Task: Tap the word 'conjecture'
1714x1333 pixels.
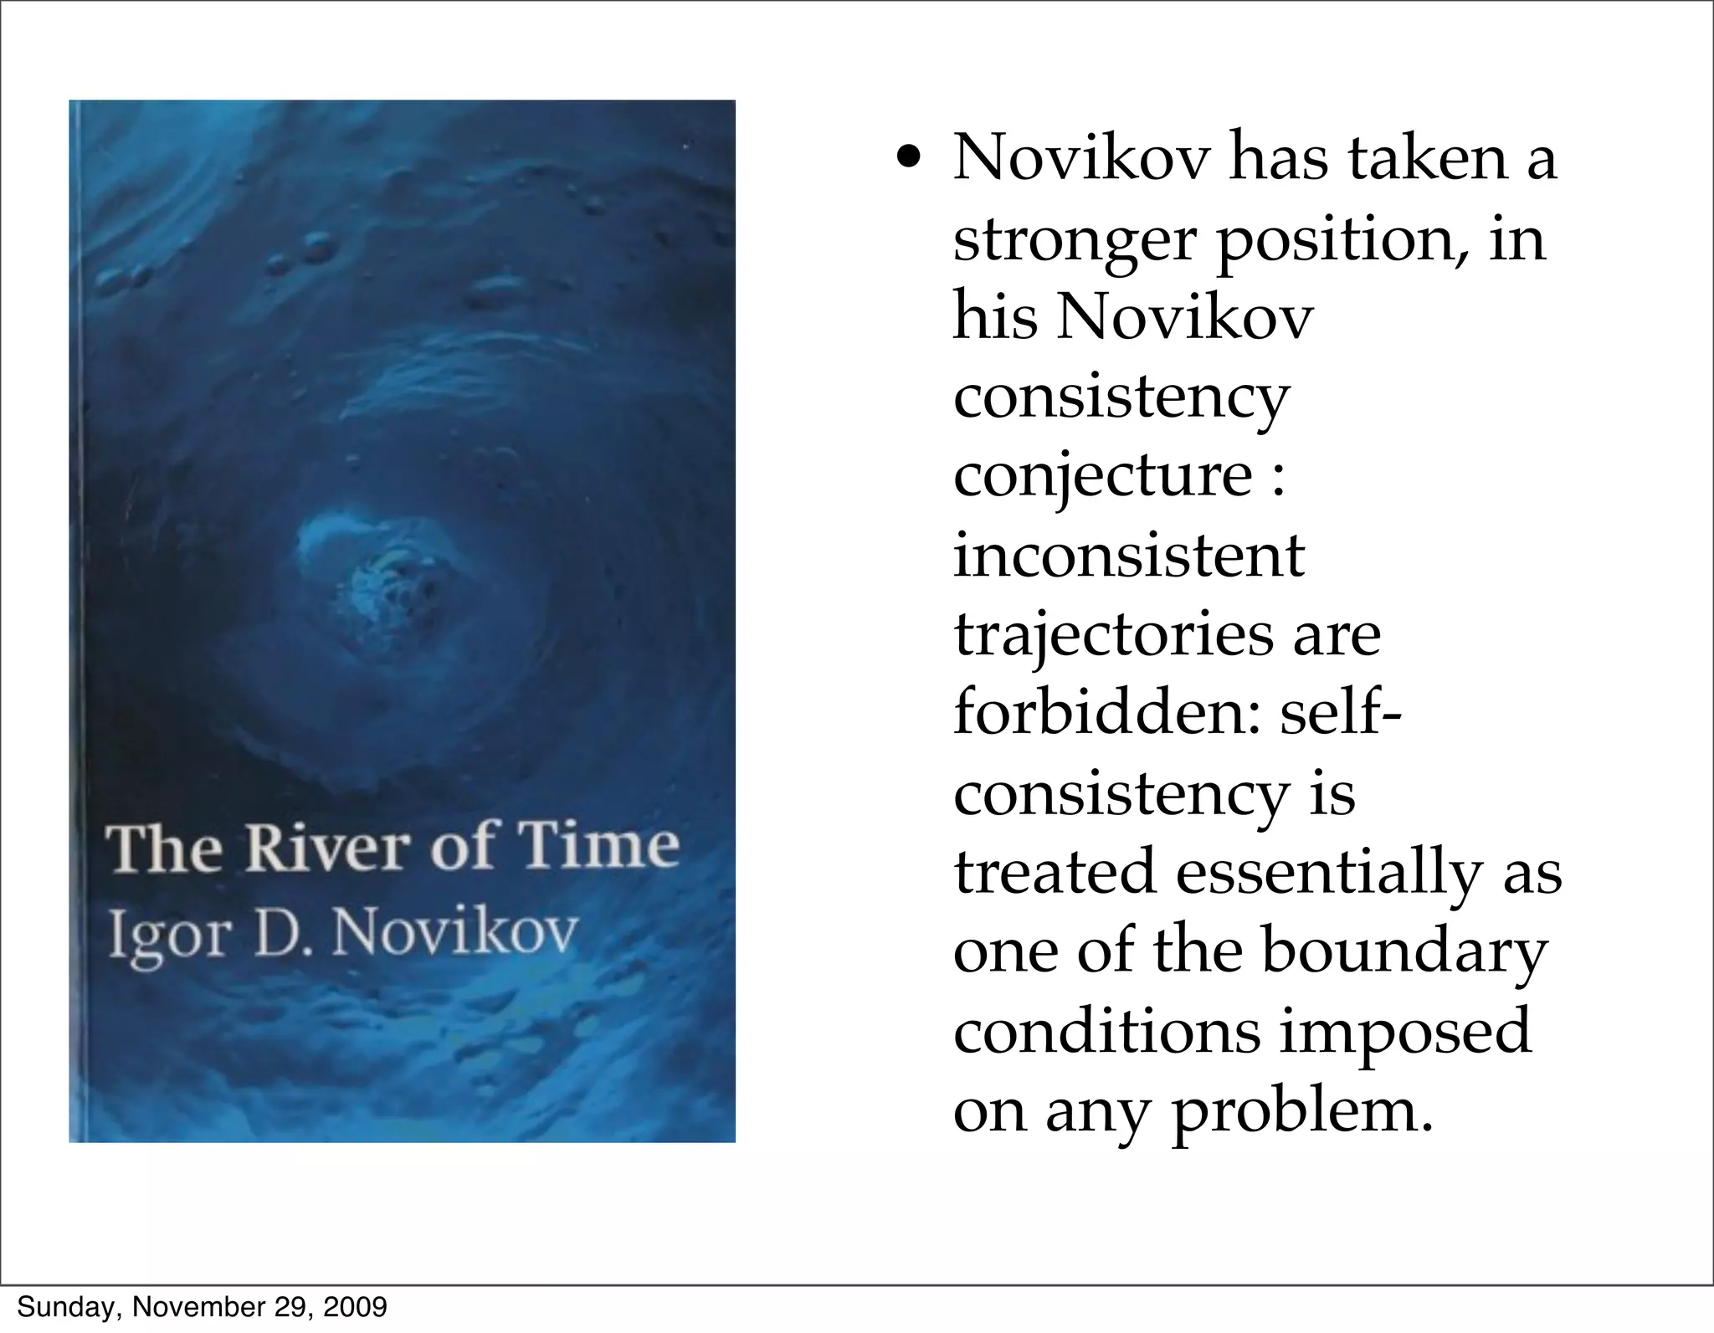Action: [1102, 476]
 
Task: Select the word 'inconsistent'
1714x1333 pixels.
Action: [1129, 556]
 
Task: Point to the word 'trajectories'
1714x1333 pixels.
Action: [1111, 635]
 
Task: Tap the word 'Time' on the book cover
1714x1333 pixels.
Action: [597, 845]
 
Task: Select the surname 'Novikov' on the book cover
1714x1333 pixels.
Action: [455, 931]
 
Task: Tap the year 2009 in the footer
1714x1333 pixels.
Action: [355, 1306]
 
